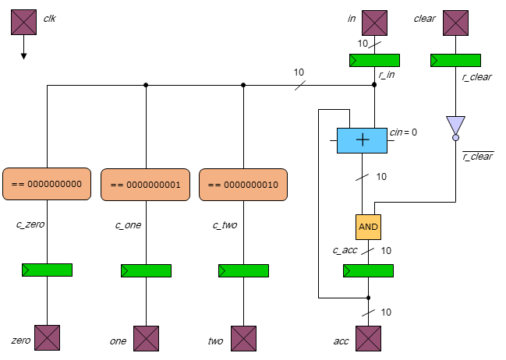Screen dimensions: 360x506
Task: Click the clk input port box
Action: click(x=24, y=23)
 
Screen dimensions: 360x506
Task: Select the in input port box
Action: click(x=374, y=23)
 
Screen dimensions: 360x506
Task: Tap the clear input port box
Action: click(x=455, y=23)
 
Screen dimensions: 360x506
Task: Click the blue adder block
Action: click(x=362, y=140)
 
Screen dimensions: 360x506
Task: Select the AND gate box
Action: click(x=369, y=227)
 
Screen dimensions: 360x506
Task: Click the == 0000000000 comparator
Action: click(x=48, y=184)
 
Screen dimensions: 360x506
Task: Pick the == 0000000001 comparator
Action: click(x=146, y=184)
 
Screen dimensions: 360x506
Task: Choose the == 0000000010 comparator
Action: click(x=244, y=184)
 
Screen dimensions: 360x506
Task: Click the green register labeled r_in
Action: click(x=374, y=60)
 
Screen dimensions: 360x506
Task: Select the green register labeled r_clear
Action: click(x=455, y=60)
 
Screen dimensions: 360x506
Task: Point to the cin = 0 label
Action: click(x=403, y=132)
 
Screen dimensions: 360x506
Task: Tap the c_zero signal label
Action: click(x=30, y=224)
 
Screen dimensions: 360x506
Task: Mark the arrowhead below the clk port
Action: click(x=24, y=55)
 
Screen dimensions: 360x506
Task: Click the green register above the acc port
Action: click(x=369, y=270)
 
